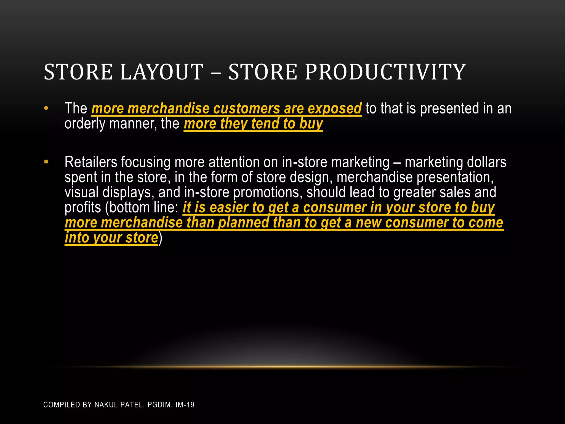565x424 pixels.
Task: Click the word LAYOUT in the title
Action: (x=162, y=72)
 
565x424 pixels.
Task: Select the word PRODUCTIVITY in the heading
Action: (x=385, y=72)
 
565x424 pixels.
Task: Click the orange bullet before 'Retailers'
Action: (x=46, y=162)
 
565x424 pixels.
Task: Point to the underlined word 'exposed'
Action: (x=334, y=108)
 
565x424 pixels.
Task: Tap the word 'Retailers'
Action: (x=91, y=162)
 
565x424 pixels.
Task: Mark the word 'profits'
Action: (x=83, y=208)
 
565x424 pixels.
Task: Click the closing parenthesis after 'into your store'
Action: (x=161, y=238)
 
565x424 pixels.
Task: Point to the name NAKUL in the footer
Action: (x=106, y=405)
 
